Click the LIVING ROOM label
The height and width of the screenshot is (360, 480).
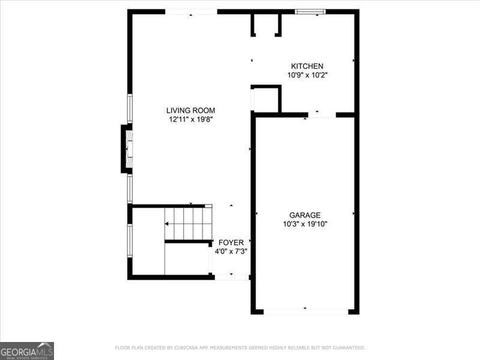(190, 110)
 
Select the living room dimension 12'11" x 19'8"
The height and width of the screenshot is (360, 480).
(190, 119)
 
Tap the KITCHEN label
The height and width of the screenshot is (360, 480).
(307, 66)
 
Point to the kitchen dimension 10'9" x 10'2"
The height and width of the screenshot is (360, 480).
(307, 75)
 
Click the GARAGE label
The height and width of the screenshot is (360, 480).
(305, 215)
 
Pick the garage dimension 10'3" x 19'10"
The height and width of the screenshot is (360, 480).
(305, 224)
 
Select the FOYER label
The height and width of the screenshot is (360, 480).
(231, 242)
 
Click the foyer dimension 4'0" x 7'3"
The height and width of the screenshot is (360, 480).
(231, 251)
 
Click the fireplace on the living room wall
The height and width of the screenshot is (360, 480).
(127, 148)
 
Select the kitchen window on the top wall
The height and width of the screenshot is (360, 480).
(311, 11)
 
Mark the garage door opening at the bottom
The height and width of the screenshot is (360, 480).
(305, 311)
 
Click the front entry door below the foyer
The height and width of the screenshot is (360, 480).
(232, 277)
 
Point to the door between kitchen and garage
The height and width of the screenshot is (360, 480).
(322, 115)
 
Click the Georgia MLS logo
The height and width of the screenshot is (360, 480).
(27, 350)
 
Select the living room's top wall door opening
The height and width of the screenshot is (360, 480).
(191, 11)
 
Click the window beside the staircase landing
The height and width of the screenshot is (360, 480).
(130, 240)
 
